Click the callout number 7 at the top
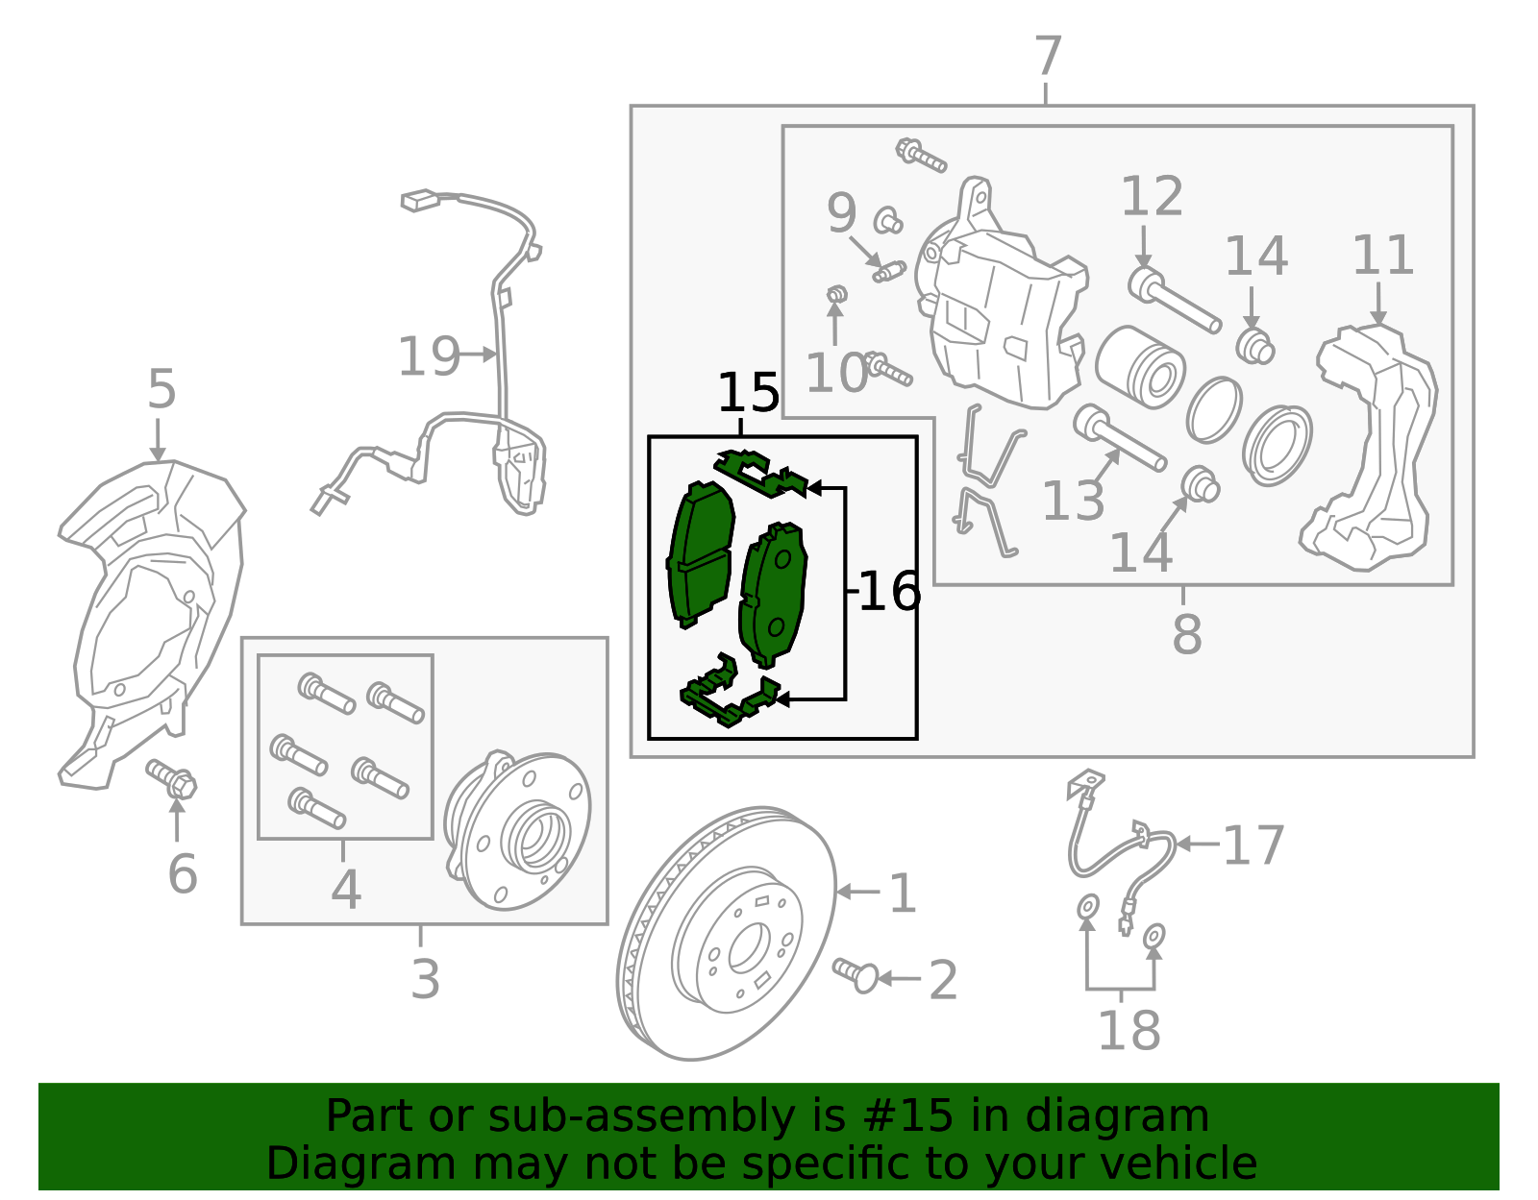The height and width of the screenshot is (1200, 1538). [x=1048, y=56]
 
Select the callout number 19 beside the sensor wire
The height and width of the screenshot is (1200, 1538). [x=429, y=356]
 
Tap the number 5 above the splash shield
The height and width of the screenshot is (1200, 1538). [x=161, y=389]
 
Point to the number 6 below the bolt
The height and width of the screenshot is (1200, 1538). [x=182, y=874]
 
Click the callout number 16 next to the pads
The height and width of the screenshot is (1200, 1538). [x=890, y=591]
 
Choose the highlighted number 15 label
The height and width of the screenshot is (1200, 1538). [x=749, y=392]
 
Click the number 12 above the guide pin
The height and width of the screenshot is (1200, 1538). [x=1153, y=196]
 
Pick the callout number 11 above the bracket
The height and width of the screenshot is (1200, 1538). [x=1382, y=256]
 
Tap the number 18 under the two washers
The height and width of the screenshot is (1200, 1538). [x=1129, y=1030]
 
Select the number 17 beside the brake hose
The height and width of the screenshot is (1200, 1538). [x=1253, y=845]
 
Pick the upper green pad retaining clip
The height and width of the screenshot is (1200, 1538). [x=761, y=474]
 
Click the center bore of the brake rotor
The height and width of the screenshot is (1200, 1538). [x=749, y=946]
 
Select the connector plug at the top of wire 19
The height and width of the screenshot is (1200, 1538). [x=420, y=200]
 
